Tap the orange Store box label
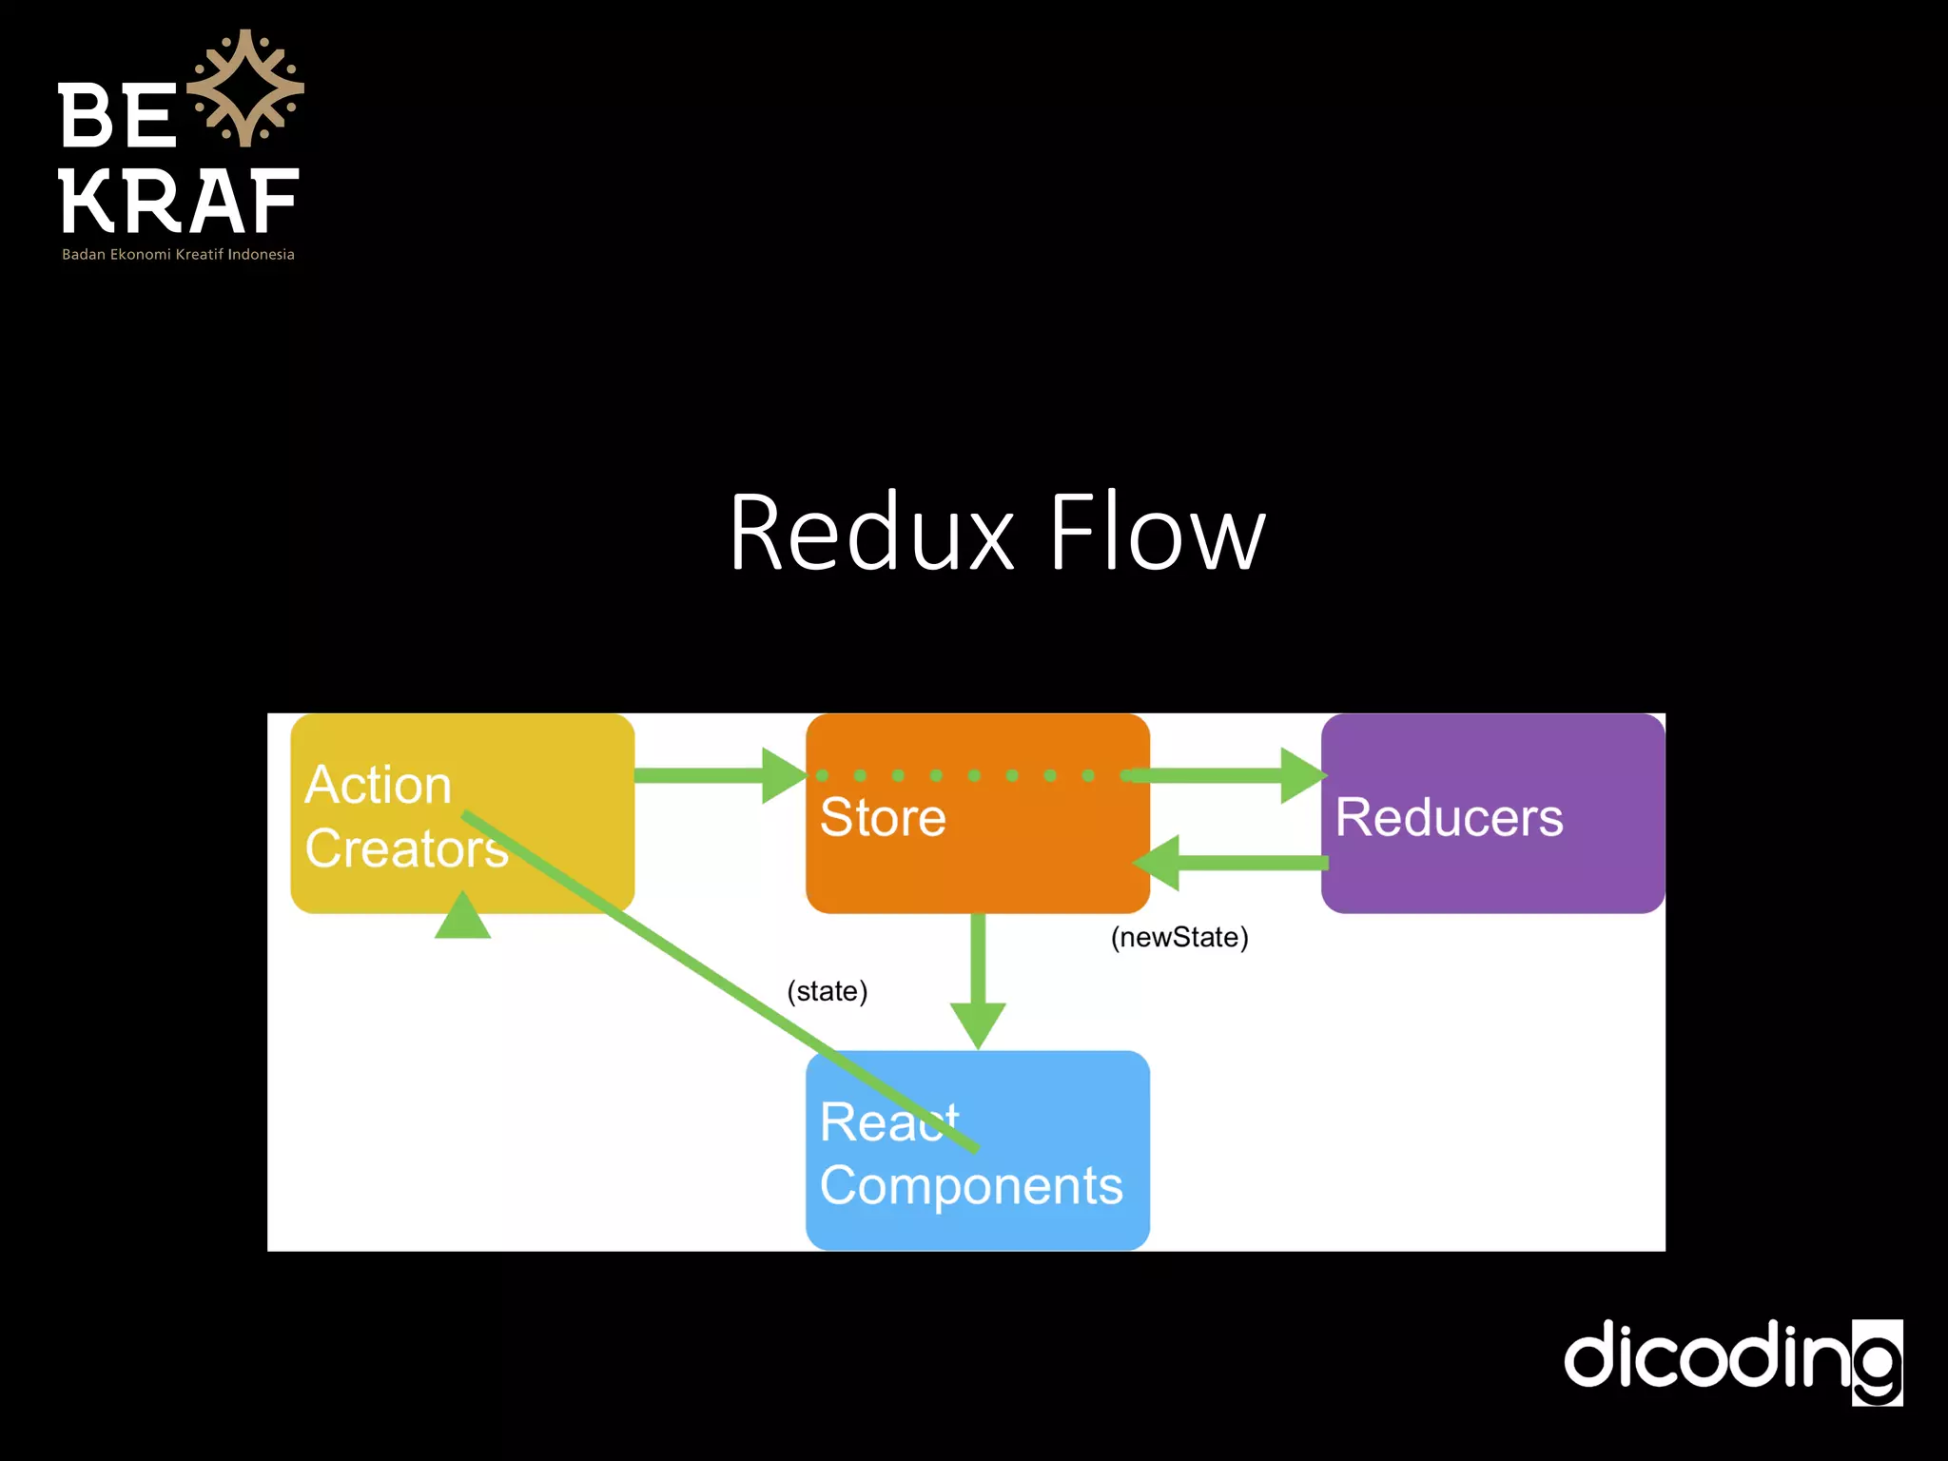coord(883,817)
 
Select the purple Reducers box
coord(1491,814)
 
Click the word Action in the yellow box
coord(378,785)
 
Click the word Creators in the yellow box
coord(406,847)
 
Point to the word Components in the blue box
coord(971,1186)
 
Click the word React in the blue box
coord(888,1121)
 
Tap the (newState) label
coord(1179,937)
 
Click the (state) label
coord(827,991)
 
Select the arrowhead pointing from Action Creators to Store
coord(784,775)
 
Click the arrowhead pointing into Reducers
coord(1302,775)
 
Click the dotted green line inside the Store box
coord(955,775)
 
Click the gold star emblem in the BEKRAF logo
coord(245,88)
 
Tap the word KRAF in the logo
coord(179,202)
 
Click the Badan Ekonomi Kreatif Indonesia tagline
coord(178,255)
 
